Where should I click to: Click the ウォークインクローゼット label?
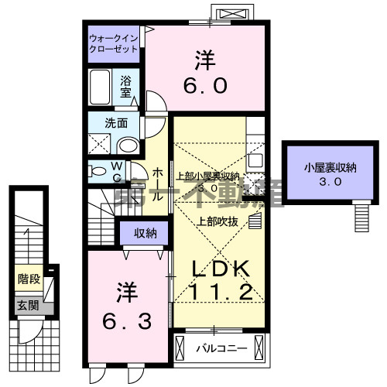[113, 43]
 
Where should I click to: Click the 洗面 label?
[116, 122]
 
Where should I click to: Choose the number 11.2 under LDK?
[220, 293]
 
